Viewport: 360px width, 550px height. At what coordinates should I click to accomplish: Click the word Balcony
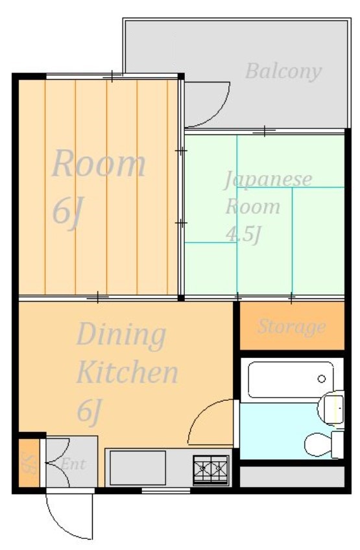pyautogui.click(x=283, y=72)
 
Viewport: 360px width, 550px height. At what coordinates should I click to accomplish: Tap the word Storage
pyautogui.click(x=292, y=328)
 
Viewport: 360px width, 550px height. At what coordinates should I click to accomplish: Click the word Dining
pyautogui.click(x=121, y=335)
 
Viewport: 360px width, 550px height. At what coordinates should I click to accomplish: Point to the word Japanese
pyautogui.click(x=268, y=180)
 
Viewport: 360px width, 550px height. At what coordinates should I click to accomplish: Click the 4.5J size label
pyautogui.click(x=244, y=234)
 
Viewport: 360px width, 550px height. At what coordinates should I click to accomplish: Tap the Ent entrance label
pyautogui.click(x=73, y=464)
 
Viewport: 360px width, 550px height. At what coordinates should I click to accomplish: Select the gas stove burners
pyautogui.click(x=211, y=469)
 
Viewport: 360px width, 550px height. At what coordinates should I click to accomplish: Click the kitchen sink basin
pyautogui.click(x=138, y=468)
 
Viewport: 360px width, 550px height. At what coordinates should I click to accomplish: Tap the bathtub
pyautogui.click(x=291, y=379)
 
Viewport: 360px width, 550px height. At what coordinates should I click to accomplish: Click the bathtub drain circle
pyautogui.click(x=321, y=379)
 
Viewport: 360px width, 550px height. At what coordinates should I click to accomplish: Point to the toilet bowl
pyautogui.click(x=318, y=445)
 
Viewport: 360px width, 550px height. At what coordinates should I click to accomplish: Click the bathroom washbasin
pyautogui.click(x=331, y=408)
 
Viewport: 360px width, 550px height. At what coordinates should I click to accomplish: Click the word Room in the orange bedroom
pyautogui.click(x=99, y=164)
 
